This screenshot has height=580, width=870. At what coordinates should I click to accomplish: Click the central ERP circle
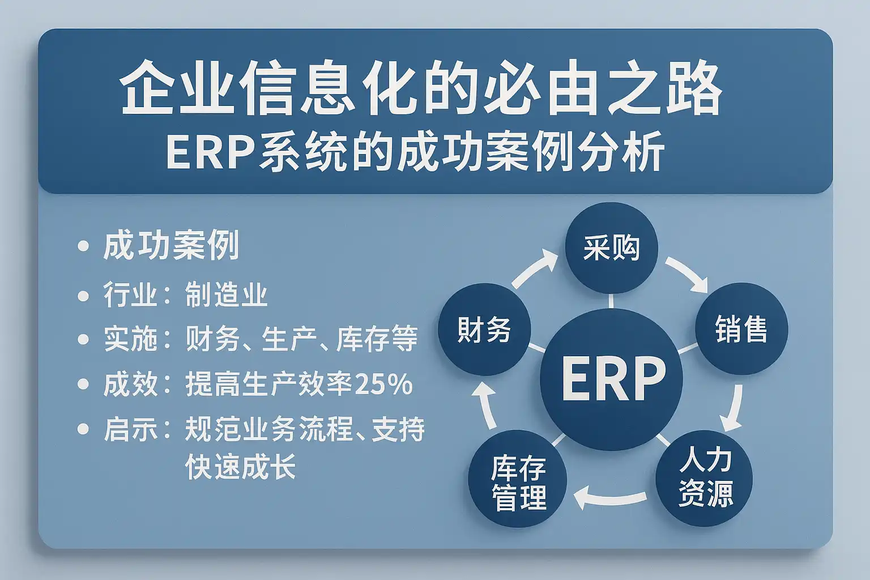(x=611, y=379)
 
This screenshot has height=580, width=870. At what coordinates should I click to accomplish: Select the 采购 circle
(x=611, y=248)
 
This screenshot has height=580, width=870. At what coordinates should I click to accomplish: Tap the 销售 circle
(x=741, y=329)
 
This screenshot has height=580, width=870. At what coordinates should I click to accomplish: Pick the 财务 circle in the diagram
(x=484, y=330)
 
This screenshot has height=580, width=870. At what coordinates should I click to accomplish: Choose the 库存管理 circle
(x=518, y=479)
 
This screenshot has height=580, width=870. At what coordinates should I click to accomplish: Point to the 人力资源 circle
(x=704, y=478)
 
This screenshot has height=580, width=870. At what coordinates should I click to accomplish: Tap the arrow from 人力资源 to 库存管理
(x=610, y=499)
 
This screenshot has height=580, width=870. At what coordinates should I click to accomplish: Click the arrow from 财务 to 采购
(x=533, y=268)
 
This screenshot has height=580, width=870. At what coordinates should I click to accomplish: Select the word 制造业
(x=227, y=295)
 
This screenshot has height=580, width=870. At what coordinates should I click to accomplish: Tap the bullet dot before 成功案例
(x=83, y=246)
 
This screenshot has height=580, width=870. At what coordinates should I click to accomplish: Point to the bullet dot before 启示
(x=83, y=429)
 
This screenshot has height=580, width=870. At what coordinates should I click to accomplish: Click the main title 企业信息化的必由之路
(x=421, y=87)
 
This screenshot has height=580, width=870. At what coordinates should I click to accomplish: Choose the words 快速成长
(x=240, y=466)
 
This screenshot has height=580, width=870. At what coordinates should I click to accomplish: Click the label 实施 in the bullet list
(x=130, y=339)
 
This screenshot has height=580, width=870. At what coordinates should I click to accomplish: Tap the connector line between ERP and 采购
(x=611, y=301)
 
